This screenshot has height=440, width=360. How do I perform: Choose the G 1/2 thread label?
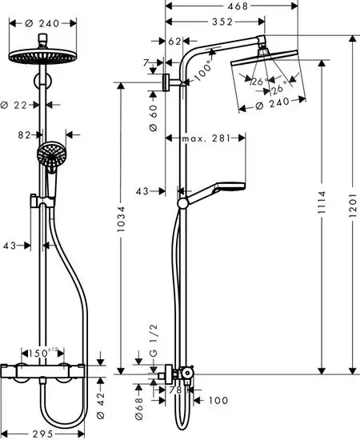pyautogui.click(x=154, y=339)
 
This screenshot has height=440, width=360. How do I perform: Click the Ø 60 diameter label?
pyautogui.click(x=153, y=118)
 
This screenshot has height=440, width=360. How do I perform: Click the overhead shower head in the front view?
pyautogui.click(x=40, y=58)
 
